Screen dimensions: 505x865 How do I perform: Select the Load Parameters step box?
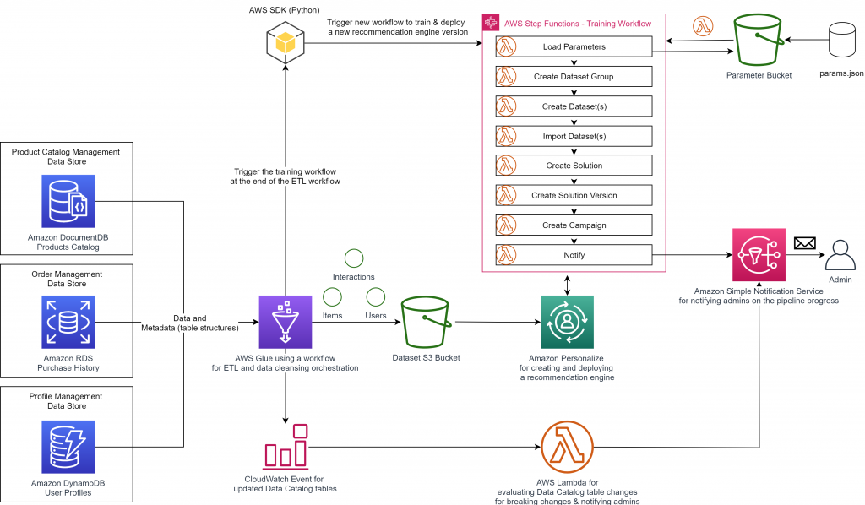tap(574, 46)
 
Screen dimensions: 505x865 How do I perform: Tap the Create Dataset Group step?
tap(574, 76)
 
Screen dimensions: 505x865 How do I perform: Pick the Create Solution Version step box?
tap(574, 195)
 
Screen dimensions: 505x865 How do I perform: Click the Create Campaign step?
tap(574, 225)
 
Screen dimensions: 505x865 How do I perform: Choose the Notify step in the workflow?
tap(574, 254)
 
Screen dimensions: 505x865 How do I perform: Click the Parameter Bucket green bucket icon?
tap(758, 40)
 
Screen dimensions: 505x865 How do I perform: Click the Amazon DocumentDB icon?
tap(68, 201)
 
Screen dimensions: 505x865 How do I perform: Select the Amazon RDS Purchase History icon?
tap(68, 322)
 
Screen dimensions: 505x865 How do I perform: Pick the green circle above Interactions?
tap(353, 258)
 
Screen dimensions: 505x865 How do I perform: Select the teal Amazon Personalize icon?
tap(567, 322)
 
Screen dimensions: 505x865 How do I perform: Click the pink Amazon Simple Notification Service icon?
tap(758, 254)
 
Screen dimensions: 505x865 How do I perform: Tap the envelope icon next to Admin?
tap(804, 243)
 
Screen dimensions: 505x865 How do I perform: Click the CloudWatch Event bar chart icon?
tap(286, 447)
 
